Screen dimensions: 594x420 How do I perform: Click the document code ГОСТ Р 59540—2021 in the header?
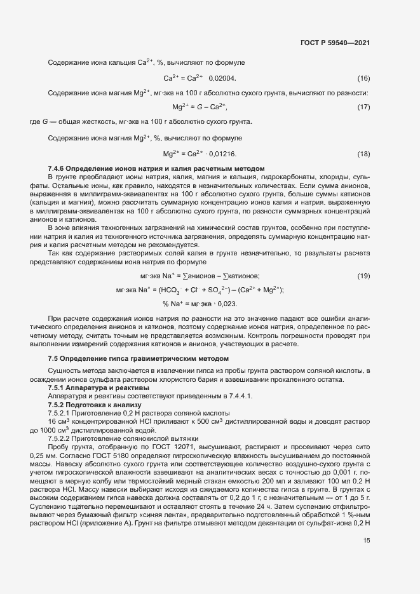click(x=335, y=43)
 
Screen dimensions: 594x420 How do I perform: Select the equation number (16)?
click(x=363, y=78)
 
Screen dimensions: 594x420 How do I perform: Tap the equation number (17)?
click(x=363, y=107)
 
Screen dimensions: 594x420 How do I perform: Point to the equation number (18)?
click(x=363, y=154)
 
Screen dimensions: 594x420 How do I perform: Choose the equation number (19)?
click(x=363, y=258)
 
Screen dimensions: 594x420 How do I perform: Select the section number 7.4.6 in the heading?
click(x=57, y=168)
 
